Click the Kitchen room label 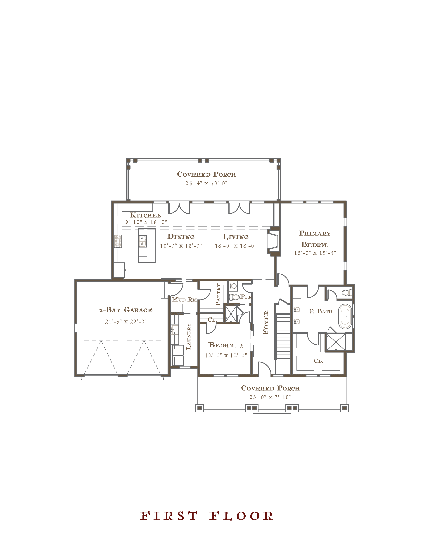[x=146, y=215]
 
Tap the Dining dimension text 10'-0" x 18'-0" [x=181, y=245]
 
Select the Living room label [x=235, y=237]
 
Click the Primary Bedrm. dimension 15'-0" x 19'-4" [x=315, y=253]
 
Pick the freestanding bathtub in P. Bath [x=345, y=316]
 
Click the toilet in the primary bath [x=347, y=293]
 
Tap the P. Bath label [x=321, y=311]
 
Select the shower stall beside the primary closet [x=336, y=342]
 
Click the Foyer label [x=266, y=323]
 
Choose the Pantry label [x=218, y=295]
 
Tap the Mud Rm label [x=185, y=299]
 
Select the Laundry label [x=188, y=336]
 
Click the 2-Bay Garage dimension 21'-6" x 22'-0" [x=126, y=322]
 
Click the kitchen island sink [x=142, y=241]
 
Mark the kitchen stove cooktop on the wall [x=118, y=241]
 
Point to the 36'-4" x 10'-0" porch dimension [x=206, y=183]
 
